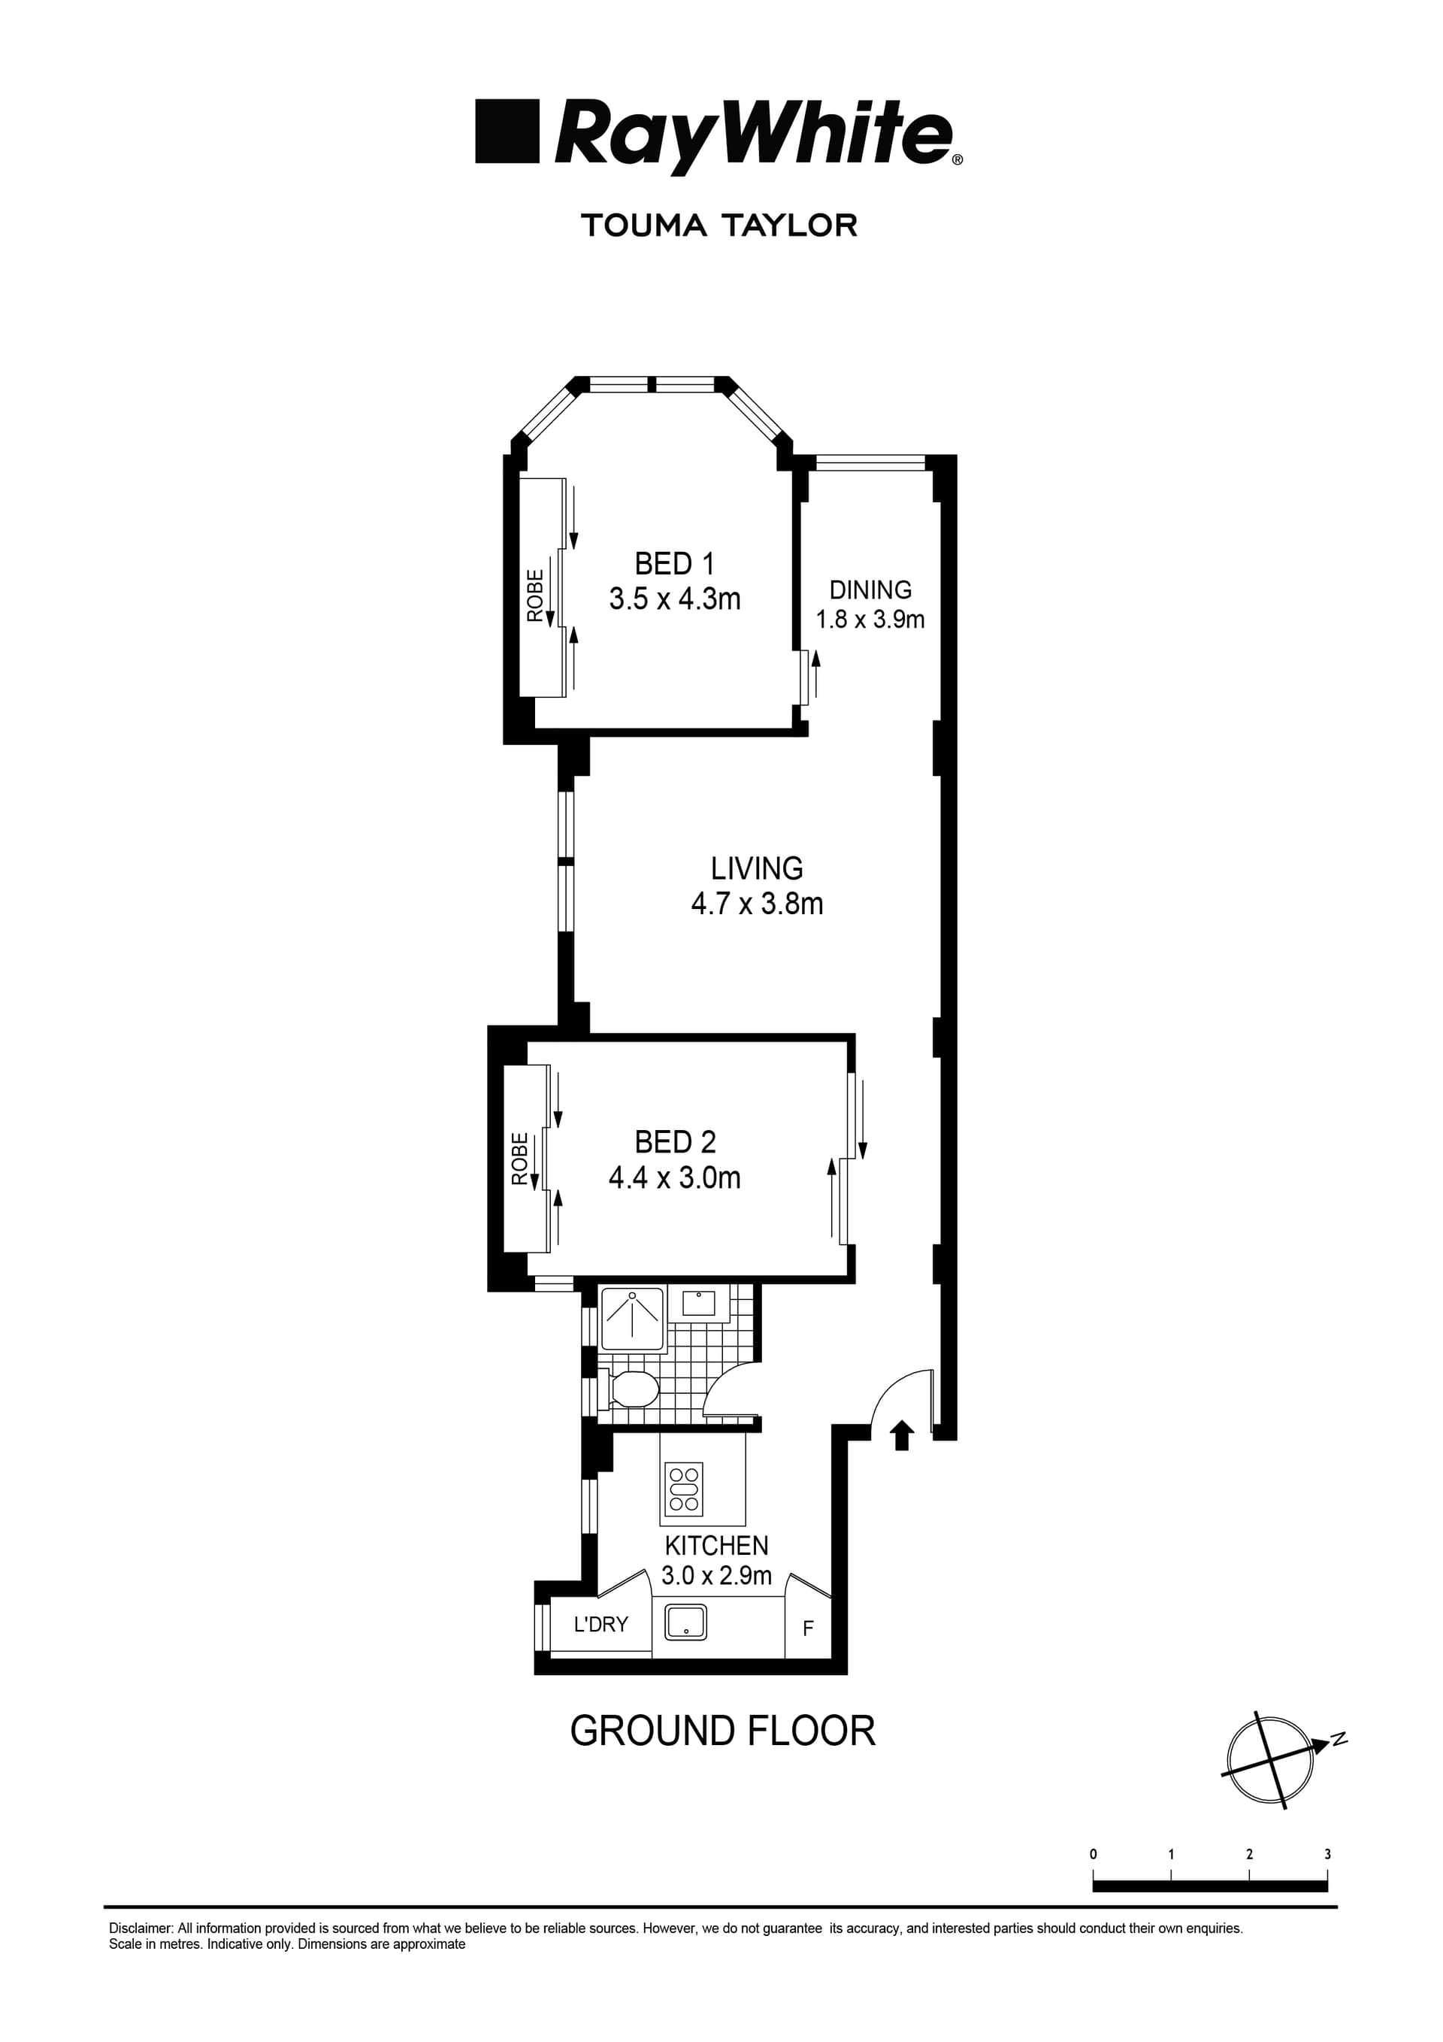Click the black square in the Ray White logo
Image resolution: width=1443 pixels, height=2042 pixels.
pos(507,131)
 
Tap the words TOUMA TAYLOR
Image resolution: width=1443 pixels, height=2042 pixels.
pos(719,225)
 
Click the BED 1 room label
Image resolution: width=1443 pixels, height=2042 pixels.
pos(674,564)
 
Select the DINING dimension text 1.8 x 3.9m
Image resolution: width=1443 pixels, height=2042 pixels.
pos(870,620)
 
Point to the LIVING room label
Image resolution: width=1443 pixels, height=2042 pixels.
pos(757,868)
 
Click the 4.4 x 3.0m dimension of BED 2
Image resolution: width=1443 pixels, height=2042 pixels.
pos(674,1177)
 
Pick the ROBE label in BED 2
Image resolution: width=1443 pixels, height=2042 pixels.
pos(520,1158)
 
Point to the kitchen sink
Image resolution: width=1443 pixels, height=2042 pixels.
pos(685,1622)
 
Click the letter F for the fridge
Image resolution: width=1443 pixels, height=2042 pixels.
pos(807,1628)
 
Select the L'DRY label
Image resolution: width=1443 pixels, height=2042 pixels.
pos(601,1624)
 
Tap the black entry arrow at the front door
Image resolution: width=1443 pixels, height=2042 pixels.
pos(902,1435)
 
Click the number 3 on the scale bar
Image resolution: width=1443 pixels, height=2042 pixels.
pos(1327,1854)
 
